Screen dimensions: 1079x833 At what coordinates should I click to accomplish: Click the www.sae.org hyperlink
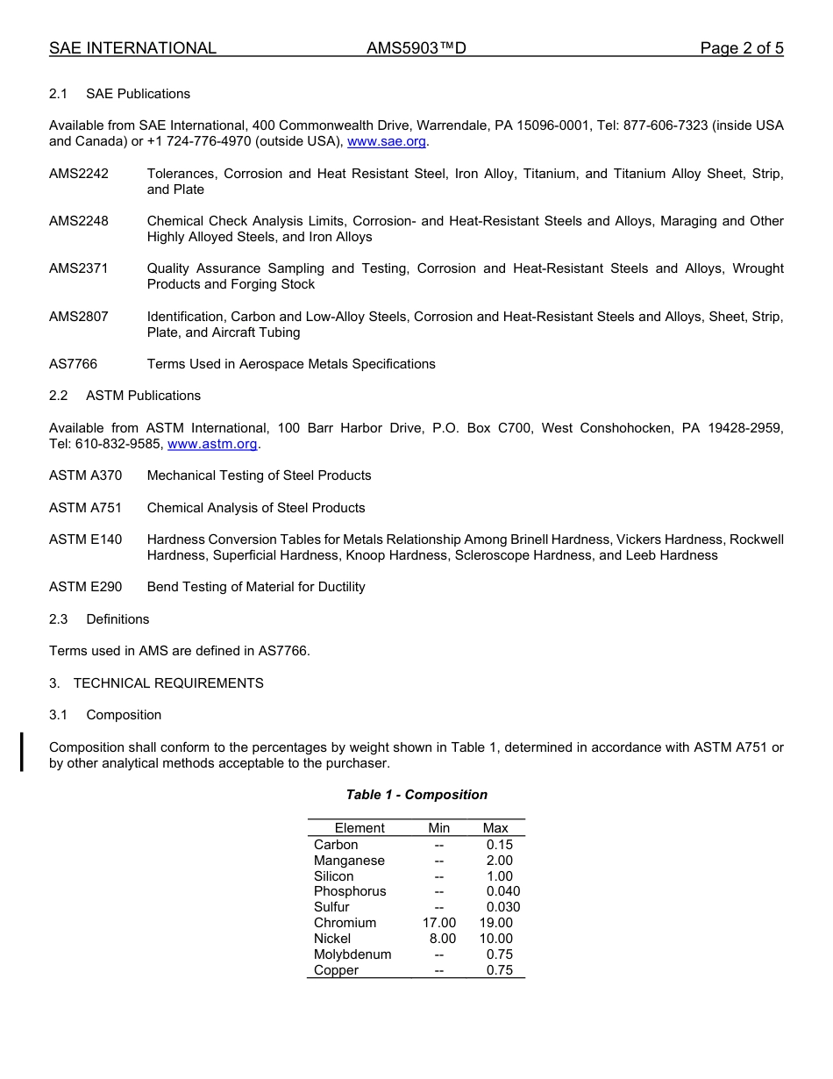(x=387, y=141)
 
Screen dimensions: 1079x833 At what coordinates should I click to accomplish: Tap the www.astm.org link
(x=212, y=444)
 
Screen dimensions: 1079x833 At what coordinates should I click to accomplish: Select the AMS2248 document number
(x=79, y=221)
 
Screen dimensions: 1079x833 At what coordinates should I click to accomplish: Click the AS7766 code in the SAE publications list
(x=73, y=364)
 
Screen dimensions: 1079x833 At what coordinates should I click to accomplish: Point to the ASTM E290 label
(x=85, y=587)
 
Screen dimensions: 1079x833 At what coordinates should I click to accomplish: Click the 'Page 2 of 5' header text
(x=741, y=48)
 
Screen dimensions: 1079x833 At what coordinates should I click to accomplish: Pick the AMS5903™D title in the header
(x=416, y=48)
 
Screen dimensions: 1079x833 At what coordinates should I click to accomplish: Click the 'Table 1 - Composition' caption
(x=416, y=795)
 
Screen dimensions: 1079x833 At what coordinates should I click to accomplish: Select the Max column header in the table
(x=495, y=828)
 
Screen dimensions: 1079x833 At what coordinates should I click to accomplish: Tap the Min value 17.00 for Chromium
(x=439, y=923)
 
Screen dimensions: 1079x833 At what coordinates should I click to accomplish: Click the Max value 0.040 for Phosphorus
(x=502, y=891)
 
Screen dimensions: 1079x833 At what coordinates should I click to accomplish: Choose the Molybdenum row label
(x=352, y=954)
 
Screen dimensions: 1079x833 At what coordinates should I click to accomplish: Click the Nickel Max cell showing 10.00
(x=495, y=939)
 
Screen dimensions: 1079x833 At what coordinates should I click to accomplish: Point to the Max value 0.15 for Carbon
(x=499, y=845)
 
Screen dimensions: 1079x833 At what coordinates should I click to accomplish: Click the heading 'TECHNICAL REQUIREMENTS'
(x=168, y=683)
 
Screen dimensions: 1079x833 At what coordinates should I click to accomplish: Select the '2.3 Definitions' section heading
(x=99, y=619)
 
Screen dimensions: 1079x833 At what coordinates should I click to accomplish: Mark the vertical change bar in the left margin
(x=22, y=753)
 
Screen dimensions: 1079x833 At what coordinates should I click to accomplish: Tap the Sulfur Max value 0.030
(x=502, y=907)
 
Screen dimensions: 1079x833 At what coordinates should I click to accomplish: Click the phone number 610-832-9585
(x=118, y=444)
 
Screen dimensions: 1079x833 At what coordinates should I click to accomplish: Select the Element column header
(x=359, y=828)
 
